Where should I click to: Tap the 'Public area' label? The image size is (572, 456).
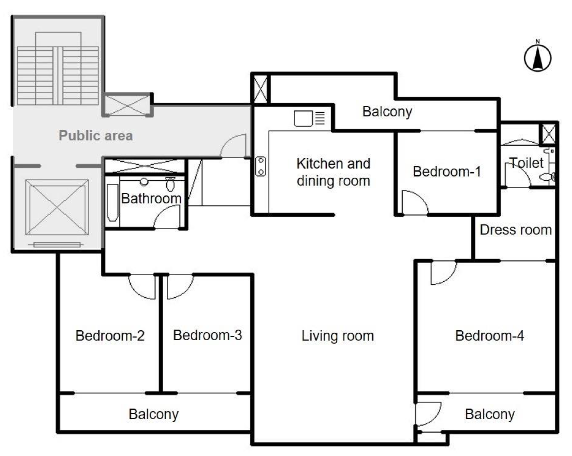(96, 135)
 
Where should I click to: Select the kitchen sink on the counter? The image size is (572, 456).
(303, 118)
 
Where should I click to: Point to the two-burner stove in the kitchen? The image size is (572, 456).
(260, 167)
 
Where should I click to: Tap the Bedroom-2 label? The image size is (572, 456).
(110, 336)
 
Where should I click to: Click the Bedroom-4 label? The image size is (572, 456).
(490, 336)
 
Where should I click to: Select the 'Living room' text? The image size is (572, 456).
(338, 336)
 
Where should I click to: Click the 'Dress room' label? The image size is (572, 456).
(516, 230)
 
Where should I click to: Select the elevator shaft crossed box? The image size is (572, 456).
(57, 207)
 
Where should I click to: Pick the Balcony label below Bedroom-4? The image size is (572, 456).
(490, 414)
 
